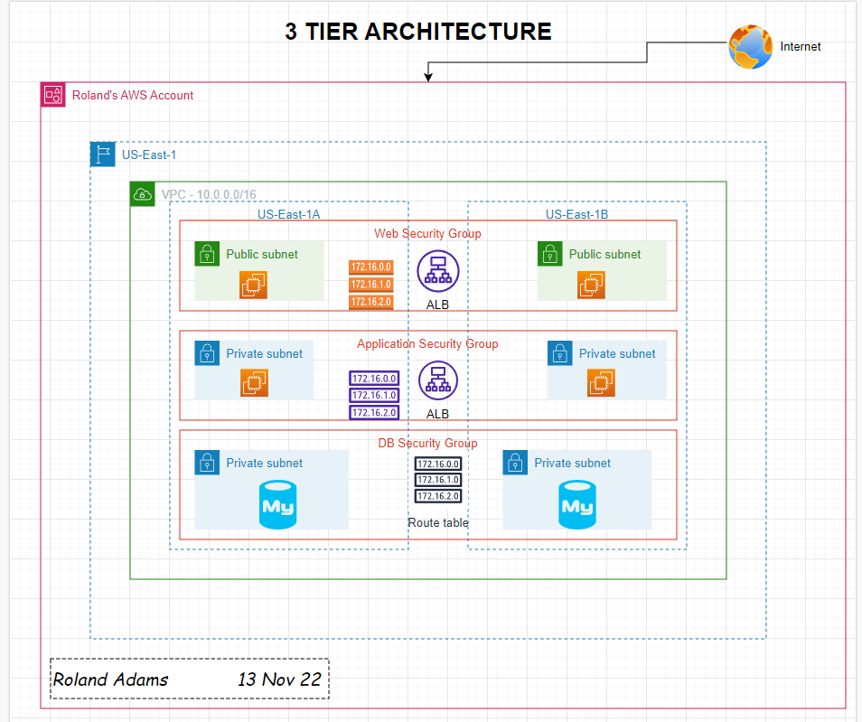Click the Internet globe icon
751,46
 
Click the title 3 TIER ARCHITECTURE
418,32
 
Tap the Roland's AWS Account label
133,95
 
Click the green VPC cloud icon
143,193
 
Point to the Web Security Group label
427,233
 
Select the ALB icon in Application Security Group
438,380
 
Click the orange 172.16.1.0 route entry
371,285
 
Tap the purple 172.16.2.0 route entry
374,413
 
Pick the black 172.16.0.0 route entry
438,464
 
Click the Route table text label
438,522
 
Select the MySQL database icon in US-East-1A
278,504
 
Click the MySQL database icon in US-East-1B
576,504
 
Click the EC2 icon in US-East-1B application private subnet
597,384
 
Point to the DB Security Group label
427,443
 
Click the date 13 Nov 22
279,680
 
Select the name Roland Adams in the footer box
110,680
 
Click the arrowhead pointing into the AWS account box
428,78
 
